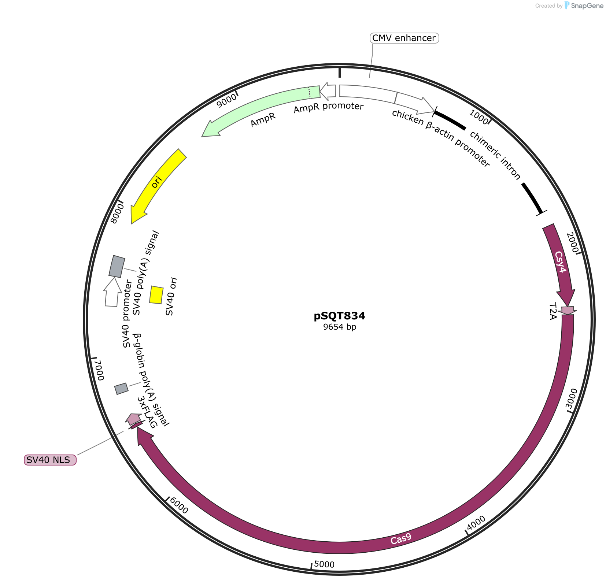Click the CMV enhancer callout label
click(404, 38)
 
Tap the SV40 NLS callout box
click(50, 460)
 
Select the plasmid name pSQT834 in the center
click(340, 316)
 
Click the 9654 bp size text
click(340, 327)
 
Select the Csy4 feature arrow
click(559, 264)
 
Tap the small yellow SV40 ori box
click(156, 295)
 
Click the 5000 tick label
click(324, 564)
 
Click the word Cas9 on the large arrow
click(401, 539)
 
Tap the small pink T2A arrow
click(568, 311)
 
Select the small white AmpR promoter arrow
click(328, 92)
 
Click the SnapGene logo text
click(587, 6)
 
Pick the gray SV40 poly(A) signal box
click(117, 266)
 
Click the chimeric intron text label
click(495, 156)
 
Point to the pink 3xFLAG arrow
click(134, 419)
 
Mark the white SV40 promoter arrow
click(112, 292)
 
